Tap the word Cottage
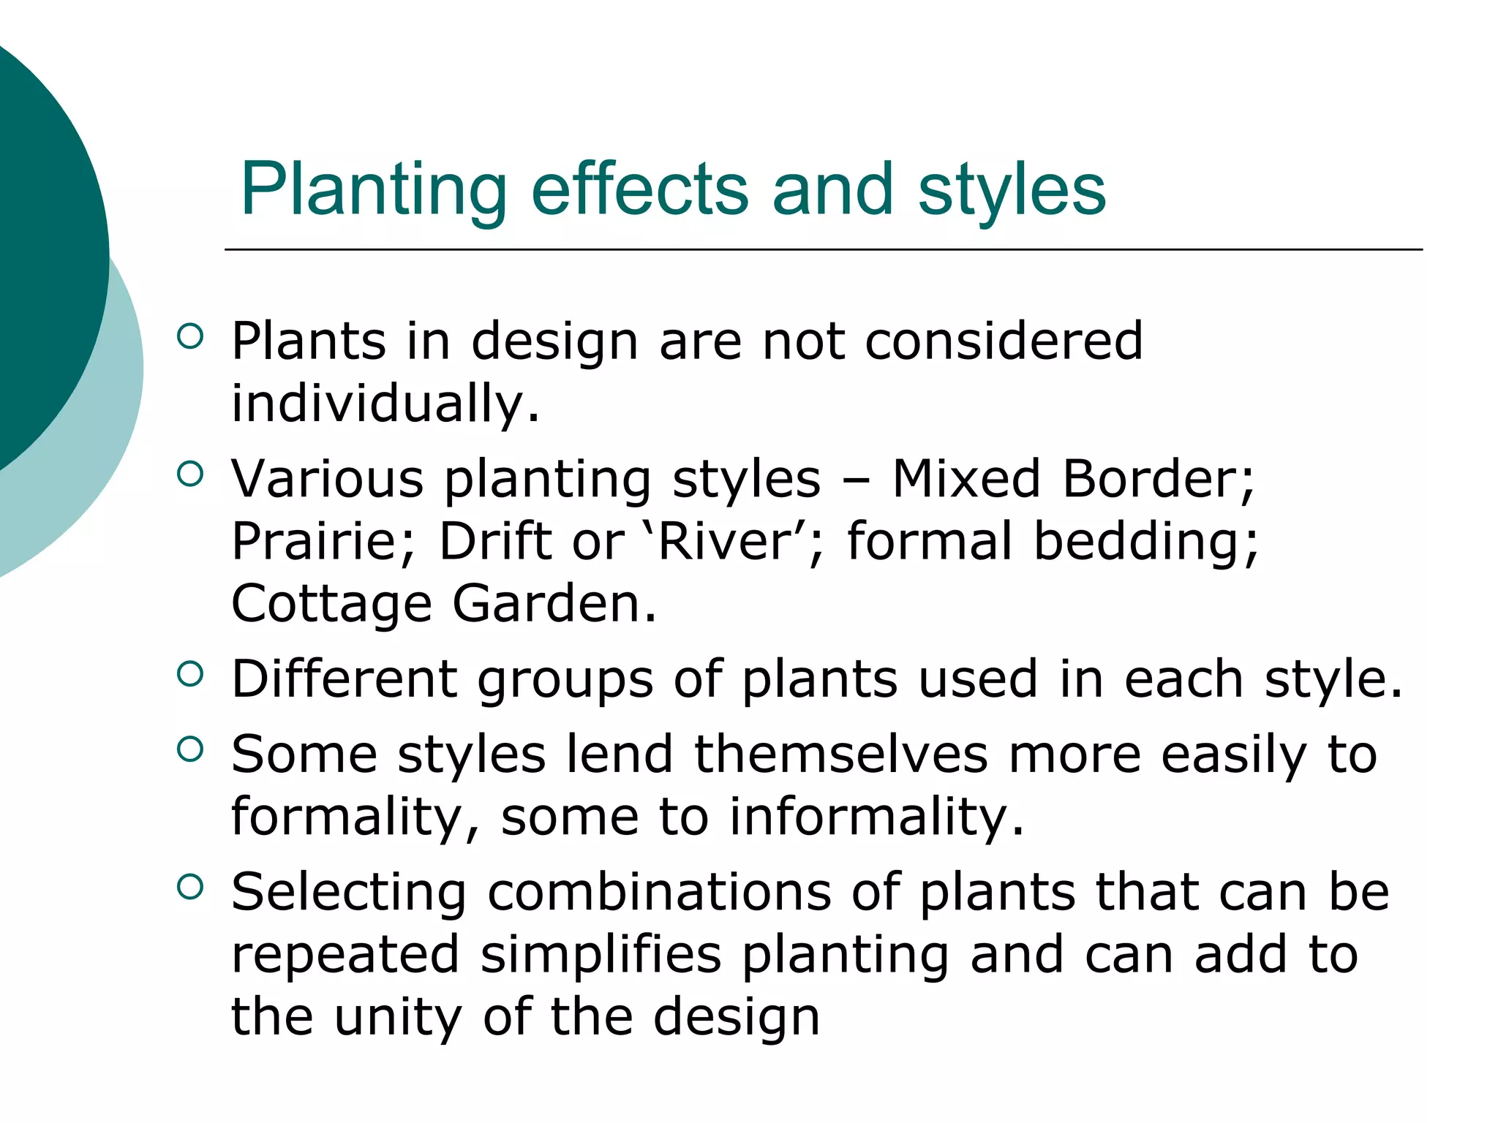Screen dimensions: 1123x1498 coord(331,605)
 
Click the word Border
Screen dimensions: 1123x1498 coord(1157,479)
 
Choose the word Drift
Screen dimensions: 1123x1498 coord(495,542)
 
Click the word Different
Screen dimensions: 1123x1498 coord(345,679)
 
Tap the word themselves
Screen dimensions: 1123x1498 coord(840,755)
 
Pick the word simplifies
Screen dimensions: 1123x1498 coord(601,955)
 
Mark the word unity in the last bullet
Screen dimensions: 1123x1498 coord(398,1017)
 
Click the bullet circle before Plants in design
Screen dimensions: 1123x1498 coord(189,336)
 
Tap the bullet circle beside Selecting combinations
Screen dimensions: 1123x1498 coord(189,887)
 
